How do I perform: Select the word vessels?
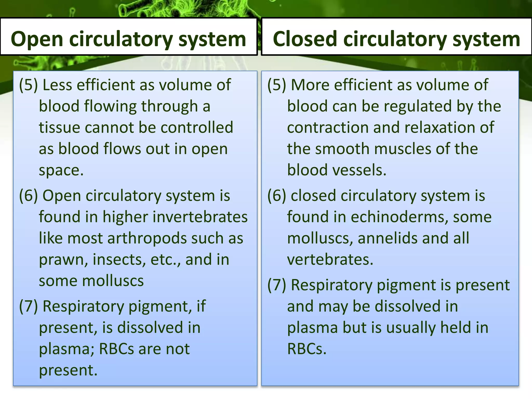point(360,170)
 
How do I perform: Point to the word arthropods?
point(147,238)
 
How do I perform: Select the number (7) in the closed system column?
point(277,285)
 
